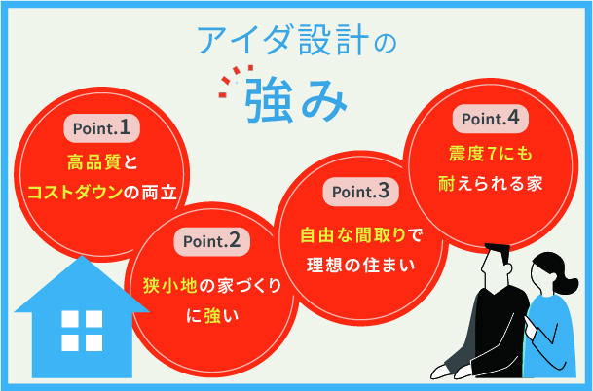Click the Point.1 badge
pyautogui.click(x=102, y=126)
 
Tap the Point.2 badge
pyautogui.click(x=212, y=239)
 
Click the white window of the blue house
pyautogui.click(x=75, y=331)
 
